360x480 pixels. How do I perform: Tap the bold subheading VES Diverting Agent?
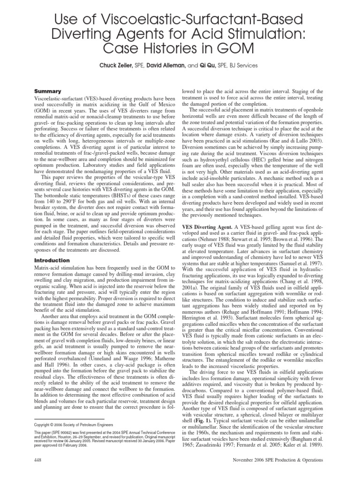tap(210, 225)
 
